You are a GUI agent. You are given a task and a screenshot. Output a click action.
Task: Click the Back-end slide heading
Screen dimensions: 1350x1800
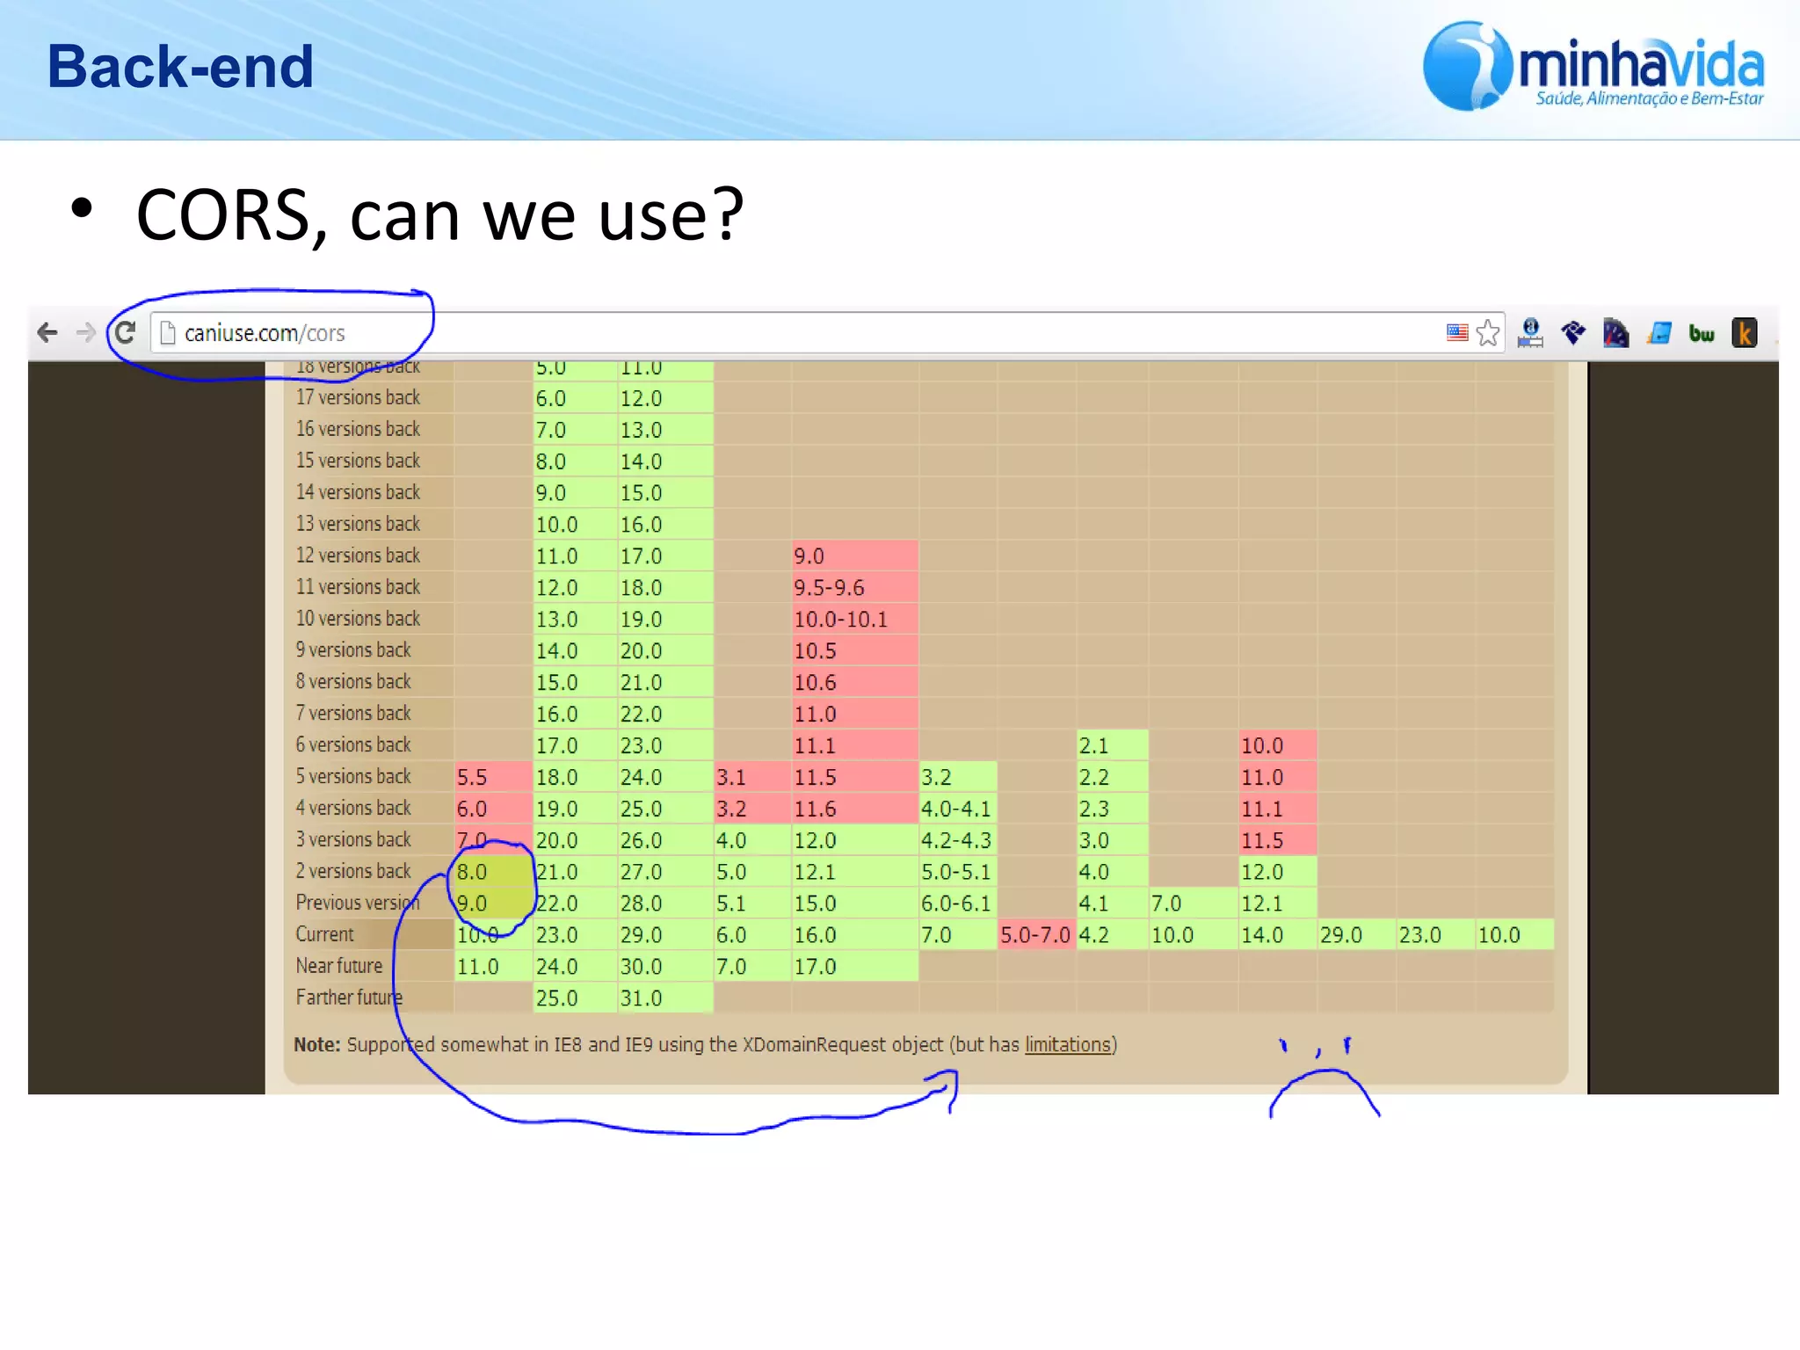(180, 67)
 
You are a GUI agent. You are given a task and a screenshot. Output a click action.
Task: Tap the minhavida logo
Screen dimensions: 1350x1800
(1593, 68)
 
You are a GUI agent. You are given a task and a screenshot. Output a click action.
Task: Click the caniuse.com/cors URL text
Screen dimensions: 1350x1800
(264, 333)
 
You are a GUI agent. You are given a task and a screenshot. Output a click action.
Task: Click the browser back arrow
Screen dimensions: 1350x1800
(47, 332)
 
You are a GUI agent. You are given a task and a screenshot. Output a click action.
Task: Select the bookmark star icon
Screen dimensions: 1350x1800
(1487, 333)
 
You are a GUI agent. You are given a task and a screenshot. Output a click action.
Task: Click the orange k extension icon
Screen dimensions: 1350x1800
(1744, 333)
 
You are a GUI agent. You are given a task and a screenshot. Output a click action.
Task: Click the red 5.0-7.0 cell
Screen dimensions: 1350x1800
(1035, 935)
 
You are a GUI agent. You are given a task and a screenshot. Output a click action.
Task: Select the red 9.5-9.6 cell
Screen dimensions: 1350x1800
(853, 587)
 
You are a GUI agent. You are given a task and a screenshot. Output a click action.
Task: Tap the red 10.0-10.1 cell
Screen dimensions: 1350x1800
(853, 619)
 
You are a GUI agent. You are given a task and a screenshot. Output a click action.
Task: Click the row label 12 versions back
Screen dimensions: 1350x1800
(358, 555)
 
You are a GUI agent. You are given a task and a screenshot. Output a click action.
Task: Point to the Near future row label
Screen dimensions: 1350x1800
(339, 966)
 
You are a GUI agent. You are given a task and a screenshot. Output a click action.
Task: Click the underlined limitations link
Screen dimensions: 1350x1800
(1068, 1045)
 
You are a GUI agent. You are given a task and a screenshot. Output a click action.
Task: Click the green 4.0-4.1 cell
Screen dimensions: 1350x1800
(956, 809)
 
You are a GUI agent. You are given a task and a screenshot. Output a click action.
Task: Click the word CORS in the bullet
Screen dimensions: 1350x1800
(230, 216)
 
